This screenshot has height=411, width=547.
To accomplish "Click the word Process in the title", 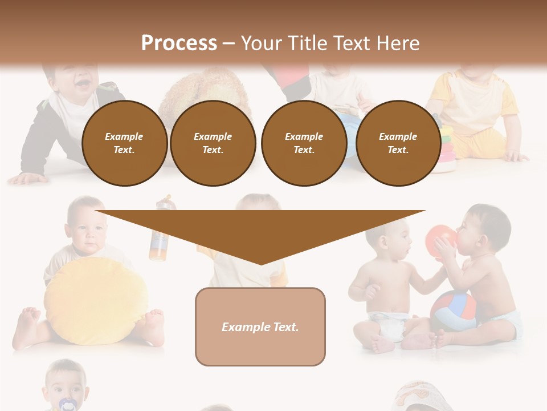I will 179,43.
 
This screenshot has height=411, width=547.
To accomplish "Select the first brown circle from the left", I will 124,143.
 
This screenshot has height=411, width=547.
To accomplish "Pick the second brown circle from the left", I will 213,143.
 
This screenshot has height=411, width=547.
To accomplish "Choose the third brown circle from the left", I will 304,143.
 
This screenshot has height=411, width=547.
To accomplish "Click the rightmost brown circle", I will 398,143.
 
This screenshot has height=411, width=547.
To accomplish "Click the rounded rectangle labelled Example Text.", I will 260,327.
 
